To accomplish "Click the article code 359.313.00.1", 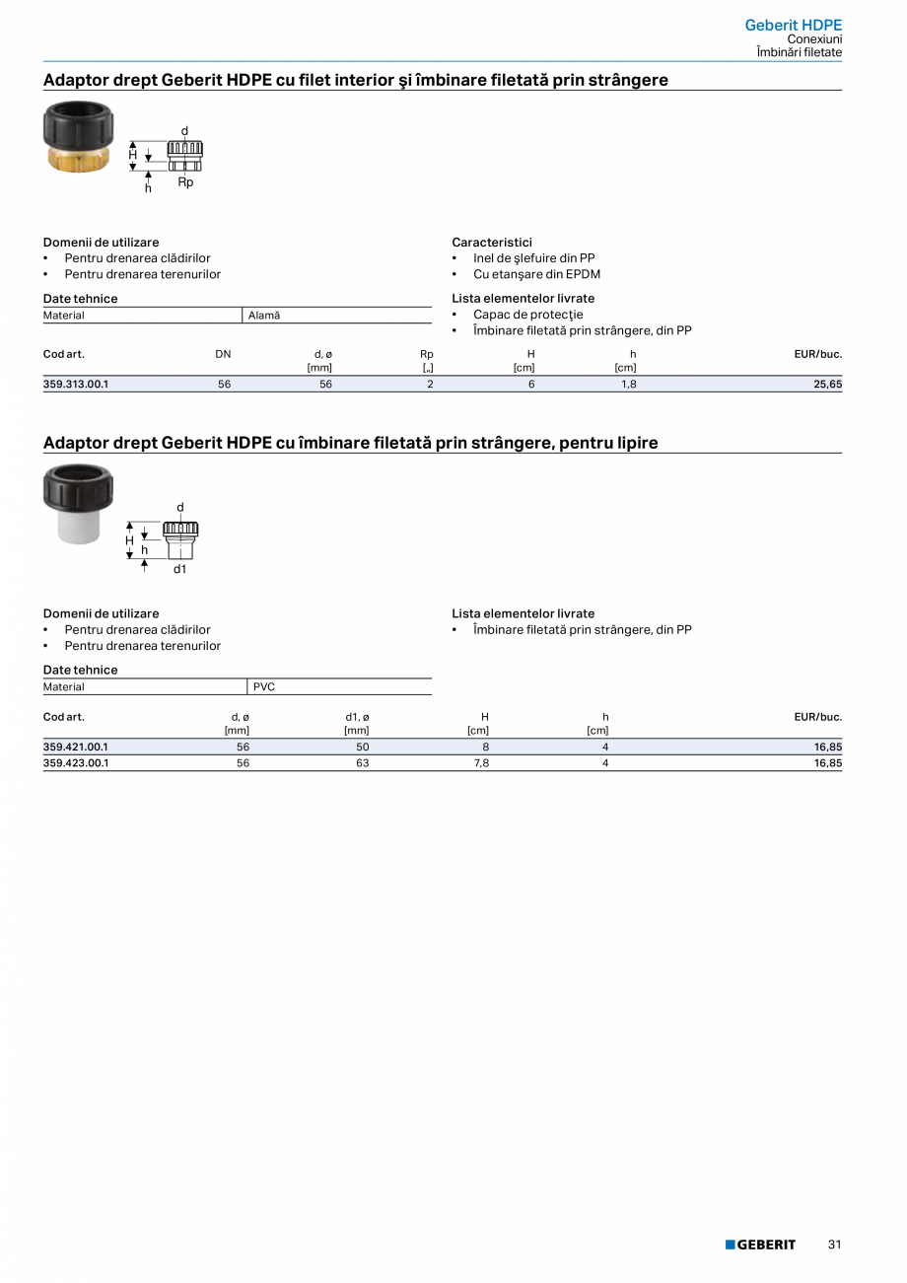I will click(x=76, y=384).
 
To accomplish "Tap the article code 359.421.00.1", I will click(x=76, y=748).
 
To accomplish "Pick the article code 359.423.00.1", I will click(x=76, y=763).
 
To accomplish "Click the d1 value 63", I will click(x=362, y=763).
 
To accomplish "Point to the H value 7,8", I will click(x=481, y=763).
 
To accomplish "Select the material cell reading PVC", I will click(x=264, y=686).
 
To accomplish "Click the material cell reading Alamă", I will click(x=264, y=316).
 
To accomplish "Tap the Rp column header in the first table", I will click(x=426, y=354).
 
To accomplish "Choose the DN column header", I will click(x=224, y=354).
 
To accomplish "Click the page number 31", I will click(x=834, y=1245).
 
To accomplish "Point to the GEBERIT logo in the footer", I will click(x=760, y=1245).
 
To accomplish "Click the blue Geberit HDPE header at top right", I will click(x=793, y=25).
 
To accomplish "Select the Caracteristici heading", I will click(x=492, y=242).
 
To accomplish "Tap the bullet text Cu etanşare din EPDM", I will click(x=536, y=274).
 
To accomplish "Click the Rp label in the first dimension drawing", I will click(x=185, y=182).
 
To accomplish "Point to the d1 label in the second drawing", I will click(x=180, y=569).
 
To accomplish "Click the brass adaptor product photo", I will click(x=79, y=136).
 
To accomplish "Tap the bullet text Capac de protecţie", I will click(x=527, y=315).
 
